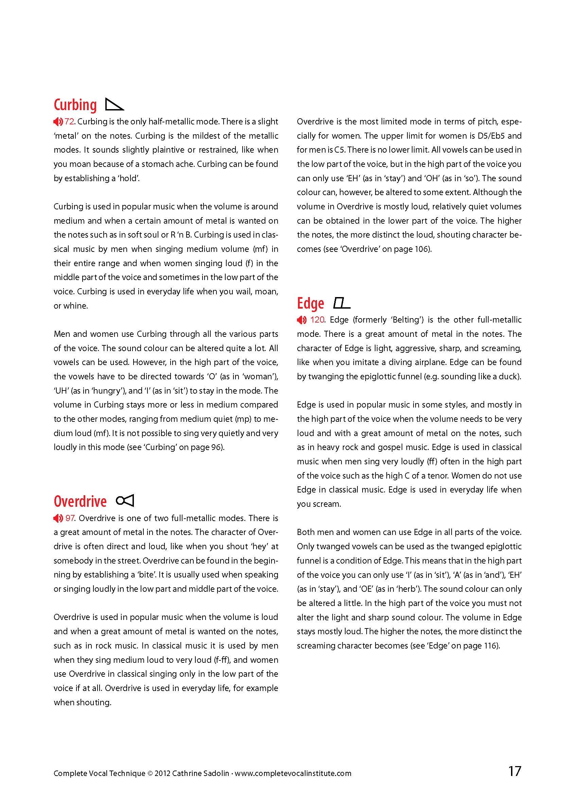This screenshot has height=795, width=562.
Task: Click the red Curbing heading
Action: click(x=75, y=105)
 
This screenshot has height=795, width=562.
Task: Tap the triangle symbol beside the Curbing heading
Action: click(x=115, y=105)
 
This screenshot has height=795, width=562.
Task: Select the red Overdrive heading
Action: click(x=80, y=501)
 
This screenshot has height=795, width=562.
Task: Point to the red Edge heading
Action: click(x=311, y=303)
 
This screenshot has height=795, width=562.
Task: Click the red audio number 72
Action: click(x=69, y=122)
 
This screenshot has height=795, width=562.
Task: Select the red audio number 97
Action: click(x=70, y=518)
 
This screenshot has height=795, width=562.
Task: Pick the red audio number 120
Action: click(x=317, y=319)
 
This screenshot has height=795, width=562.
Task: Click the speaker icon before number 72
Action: click(x=58, y=122)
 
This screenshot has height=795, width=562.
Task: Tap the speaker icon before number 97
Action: click(x=58, y=518)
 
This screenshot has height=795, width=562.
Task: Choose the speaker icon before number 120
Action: click(x=301, y=319)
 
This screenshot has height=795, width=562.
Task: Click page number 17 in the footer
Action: click(x=514, y=771)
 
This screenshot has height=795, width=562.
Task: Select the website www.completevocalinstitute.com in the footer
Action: click(x=293, y=773)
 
